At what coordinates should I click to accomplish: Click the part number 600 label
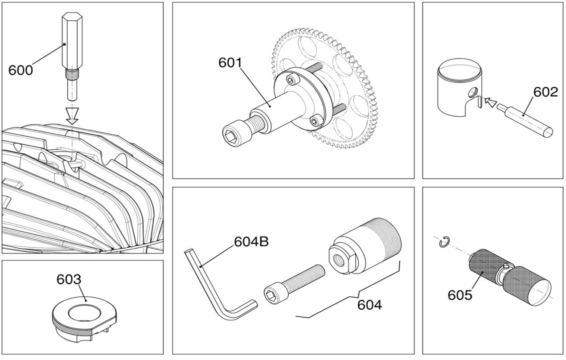21,70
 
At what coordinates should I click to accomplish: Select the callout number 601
230,63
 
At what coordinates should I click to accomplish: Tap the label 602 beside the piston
545,92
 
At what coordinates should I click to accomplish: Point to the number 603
69,279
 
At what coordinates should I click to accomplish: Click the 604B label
251,242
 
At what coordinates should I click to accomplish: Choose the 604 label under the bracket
369,305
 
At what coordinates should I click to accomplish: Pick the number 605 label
460,295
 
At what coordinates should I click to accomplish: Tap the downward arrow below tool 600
72,116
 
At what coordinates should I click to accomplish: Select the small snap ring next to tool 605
444,242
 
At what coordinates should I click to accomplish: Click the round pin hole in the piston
473,92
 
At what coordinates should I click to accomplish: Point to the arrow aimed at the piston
491,102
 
